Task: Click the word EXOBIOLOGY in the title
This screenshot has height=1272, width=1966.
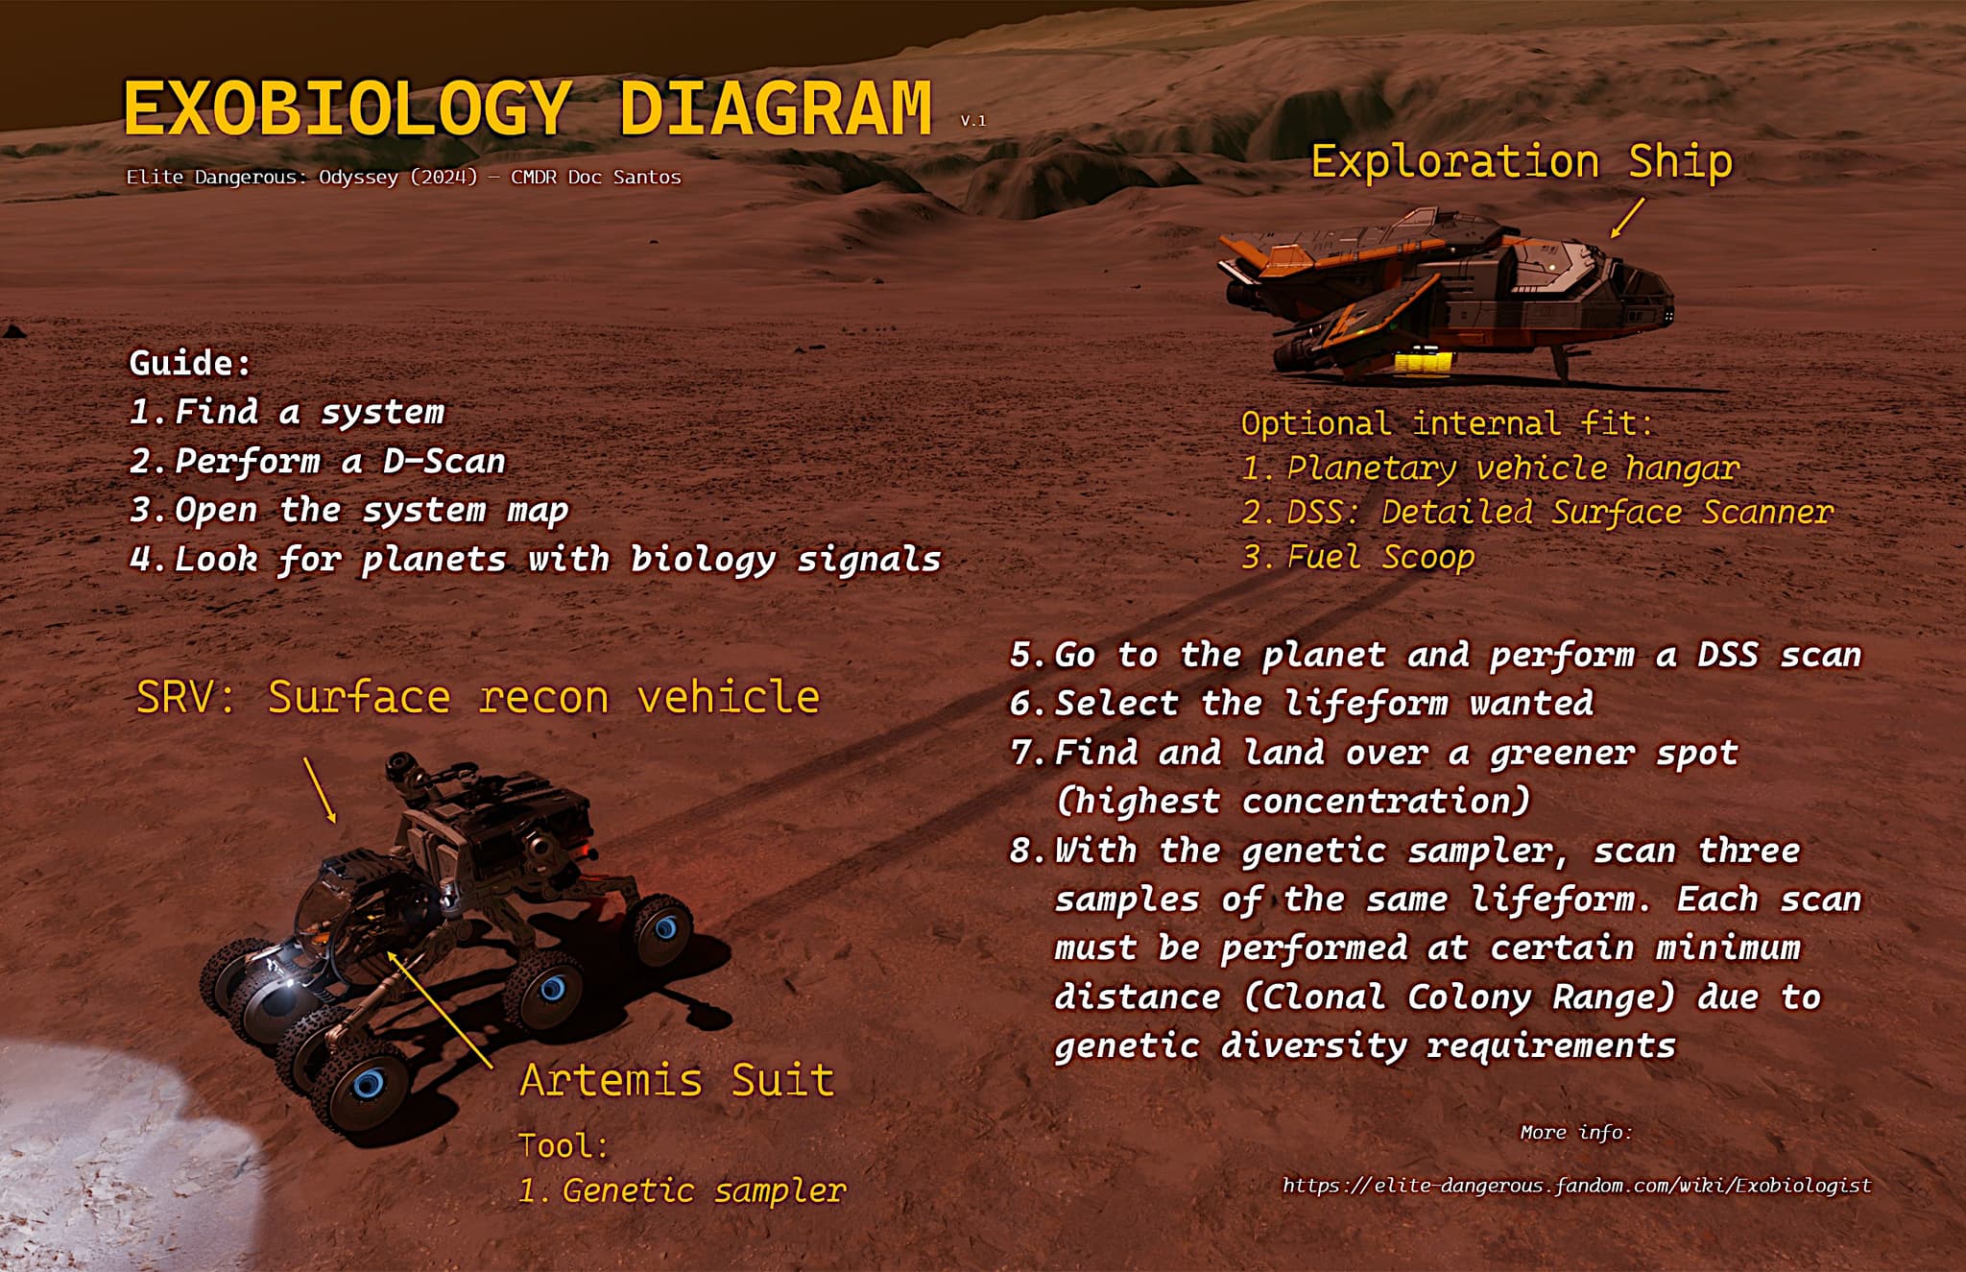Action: pyautogui.click(x=348, y=108)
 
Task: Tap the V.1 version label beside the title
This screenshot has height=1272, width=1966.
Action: pyautogui.click(x=972, y=121)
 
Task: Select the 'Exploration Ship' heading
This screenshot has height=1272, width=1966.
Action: pyautogui.click(x=1522, y=161)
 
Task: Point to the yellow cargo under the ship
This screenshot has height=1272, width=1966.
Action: pyautogui.click(x=1424, y=362)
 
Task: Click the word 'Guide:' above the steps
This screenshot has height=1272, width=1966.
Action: pyautogui.click(x=190, y=363)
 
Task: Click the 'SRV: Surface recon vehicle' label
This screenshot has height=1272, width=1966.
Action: pyautogui.click(x=477, y=697)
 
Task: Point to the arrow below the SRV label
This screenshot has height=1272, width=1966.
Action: pyautogui.click(x=320, y=789)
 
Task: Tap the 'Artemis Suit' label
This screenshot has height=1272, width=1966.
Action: pyautogui.click(x=677, y=1080)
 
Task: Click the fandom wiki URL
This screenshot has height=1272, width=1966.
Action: pyautogui.click(x=1576, y=1186)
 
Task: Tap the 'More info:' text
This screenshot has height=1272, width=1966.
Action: pyautogui.click(x=1575, y=1133)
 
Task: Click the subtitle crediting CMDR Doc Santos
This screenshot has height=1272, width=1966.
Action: pyautogui.click(x=403, y=178)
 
